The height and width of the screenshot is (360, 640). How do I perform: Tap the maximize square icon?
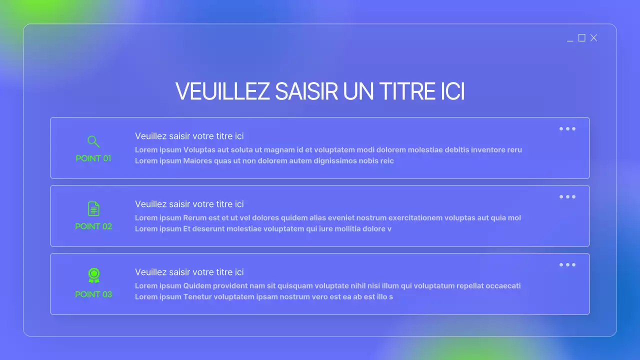tap(581, 38)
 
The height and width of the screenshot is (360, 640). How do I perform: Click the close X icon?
tap(593, 38)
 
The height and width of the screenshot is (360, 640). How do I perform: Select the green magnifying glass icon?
tap(93, 141)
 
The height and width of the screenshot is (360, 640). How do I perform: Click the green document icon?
tap(93, 208)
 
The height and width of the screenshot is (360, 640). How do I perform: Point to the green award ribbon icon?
tap(93, 275)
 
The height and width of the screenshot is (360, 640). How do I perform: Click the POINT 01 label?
tap(93, 158)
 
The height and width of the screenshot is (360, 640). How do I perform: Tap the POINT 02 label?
tap(93, 226)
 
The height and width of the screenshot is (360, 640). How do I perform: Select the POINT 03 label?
tap(93, 294)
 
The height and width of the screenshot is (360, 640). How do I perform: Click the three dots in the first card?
tap(567, 129)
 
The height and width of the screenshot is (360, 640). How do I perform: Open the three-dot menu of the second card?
tap(567, 197)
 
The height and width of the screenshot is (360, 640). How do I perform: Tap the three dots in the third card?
tap(567, 265)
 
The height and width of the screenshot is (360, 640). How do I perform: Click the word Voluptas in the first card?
tap(199, 149)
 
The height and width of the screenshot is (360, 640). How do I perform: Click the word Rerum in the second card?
tap(195, 218)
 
